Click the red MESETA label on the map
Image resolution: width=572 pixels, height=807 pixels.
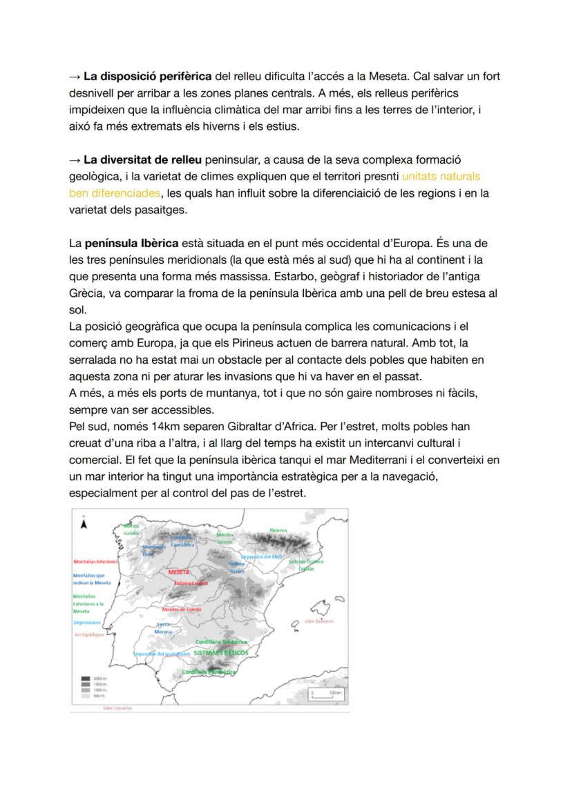[x=179, y=572]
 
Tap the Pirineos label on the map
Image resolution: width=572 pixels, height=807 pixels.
[x=278, y=530]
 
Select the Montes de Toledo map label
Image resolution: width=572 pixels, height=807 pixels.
[x=182, y=610]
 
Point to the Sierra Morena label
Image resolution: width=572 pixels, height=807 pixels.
[x=164, y=628]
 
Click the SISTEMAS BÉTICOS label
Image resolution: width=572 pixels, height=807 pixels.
[x=220, y=652]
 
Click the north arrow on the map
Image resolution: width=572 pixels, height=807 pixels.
[x=84, y=523]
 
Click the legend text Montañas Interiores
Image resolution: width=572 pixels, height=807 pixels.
[x=95, y=562]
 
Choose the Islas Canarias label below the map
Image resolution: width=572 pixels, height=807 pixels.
[x=117, y=708]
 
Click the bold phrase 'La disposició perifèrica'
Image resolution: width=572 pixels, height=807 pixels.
[x=148, y=76]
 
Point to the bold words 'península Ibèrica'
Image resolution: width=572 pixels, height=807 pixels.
[x=131, y=243]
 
